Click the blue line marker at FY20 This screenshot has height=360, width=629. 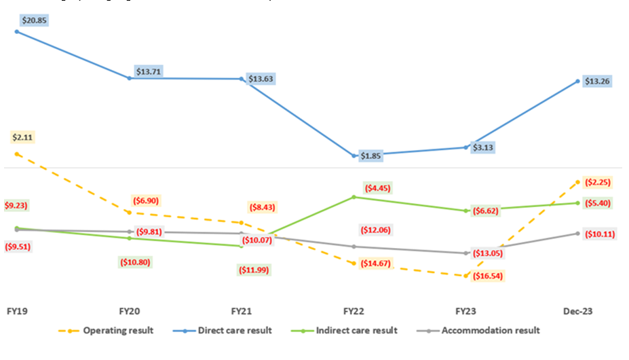point(130,78)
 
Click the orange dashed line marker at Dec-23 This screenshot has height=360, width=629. point(577,182)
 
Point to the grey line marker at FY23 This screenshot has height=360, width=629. point(465,253)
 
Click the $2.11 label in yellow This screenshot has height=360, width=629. point(22,137)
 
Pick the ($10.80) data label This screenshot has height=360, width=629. point(134,261)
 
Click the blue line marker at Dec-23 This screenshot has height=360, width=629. point(577,82)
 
